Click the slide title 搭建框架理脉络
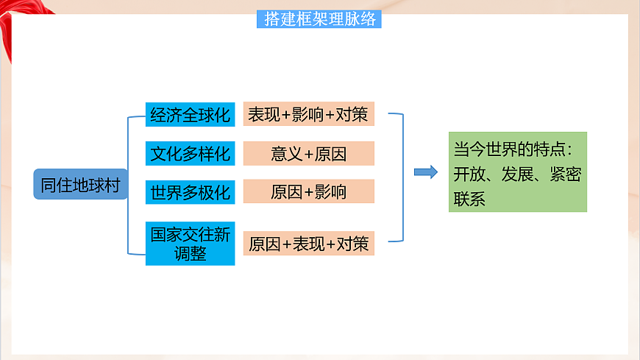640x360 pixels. (319, 20)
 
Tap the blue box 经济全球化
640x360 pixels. (190, 115)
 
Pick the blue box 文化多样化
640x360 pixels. (190, 154)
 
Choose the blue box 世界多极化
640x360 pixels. (190, 192)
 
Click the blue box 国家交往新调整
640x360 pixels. (190, 244)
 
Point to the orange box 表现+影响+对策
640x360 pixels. (309, 115)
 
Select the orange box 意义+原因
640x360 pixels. (309, 154)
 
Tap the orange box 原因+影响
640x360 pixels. (309, 192)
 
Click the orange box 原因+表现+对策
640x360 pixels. (309, 244)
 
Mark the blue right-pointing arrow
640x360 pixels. (425, 172)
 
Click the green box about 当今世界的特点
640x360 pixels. (517, 172)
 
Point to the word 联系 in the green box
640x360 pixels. (469, 198)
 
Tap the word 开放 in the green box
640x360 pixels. (469, 174)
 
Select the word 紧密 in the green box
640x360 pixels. (563, 174)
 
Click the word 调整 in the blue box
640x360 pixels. (191, 253)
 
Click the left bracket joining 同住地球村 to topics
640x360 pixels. (129, 184)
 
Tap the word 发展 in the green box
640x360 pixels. (517, 174)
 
